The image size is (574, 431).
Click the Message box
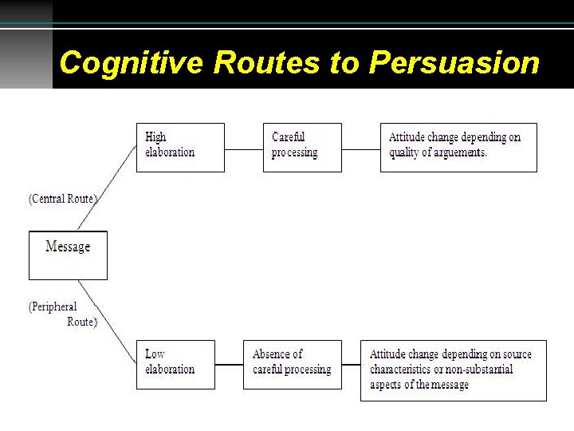[x=68, y=255]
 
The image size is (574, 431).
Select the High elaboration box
[x=180, y=147]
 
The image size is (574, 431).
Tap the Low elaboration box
[x=175, y=364]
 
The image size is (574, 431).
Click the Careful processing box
[x=302, y=147]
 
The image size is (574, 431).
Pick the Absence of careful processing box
[x=292, y=364]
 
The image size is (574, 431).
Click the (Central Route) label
[x=63, y=199]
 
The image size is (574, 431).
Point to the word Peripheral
[x=53, y=306]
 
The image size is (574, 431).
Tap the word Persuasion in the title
[x=454, y=62]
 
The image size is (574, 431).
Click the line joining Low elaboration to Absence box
[x=229, y=365]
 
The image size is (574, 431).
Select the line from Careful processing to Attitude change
[x=360, y=148]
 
